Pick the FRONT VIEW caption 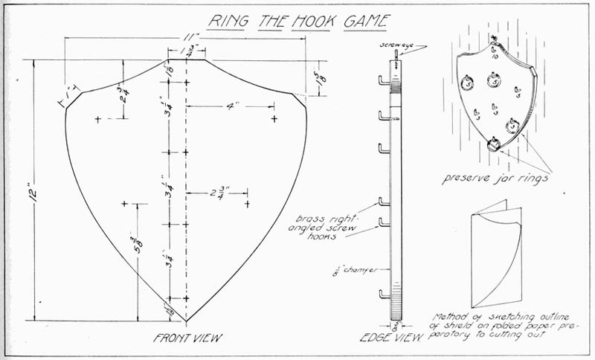(x=187, y=338)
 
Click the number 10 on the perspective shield (x=494, y=55)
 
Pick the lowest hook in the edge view (x=384, y=295)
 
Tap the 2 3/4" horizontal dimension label (x=217, y=193)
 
